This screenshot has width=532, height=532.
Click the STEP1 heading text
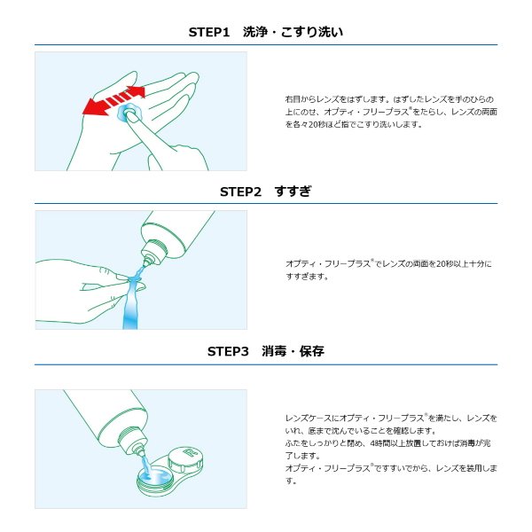(x=266, y=32)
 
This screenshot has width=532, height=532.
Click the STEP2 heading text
(x=266, y=192)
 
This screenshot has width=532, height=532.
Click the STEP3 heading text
(x=266, y=351)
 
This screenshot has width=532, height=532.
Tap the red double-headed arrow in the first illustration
(x=114, y=100)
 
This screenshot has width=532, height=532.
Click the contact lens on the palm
(x=128, y=113)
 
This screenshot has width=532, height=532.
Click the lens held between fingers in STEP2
(x=135, y=279)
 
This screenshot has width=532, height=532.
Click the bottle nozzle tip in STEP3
(x=139, y=451)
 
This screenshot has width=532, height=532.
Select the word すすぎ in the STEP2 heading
(x=293, y=192)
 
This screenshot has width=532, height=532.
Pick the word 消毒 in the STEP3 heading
(x=274, y=351)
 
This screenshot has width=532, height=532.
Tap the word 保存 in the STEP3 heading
(x=312, y=351)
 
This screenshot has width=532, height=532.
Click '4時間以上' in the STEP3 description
(x=386, y=443)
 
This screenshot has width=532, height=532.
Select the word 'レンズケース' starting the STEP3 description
(x=308, y=419)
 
